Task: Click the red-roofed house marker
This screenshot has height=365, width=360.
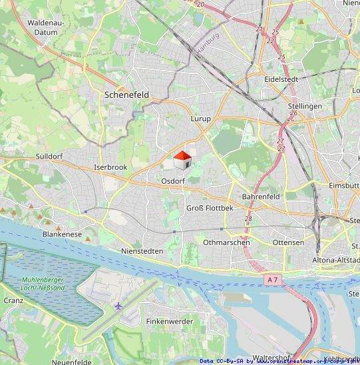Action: (x=182, y=161)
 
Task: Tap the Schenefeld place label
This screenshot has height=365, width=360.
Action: (x=126, y=95)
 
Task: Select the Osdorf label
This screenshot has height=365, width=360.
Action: (x=172, y=181)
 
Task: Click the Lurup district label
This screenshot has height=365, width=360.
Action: (x=200, y=119)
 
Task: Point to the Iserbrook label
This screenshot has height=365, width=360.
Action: (x=110, y=167)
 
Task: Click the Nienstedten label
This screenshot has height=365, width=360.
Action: (x=142, y=250)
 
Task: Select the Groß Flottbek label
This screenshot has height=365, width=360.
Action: (x=210, y=208)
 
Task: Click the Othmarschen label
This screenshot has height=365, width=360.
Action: (x=227, y=242)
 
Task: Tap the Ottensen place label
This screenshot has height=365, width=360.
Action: (x=288, y=242)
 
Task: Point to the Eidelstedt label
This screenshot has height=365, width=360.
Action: (x=280, y=79)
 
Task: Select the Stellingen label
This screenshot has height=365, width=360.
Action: (x=305, y=106)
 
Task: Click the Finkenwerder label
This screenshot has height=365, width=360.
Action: (x=170, y=321)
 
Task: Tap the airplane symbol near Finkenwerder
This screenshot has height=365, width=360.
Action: (x=119, y=306)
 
